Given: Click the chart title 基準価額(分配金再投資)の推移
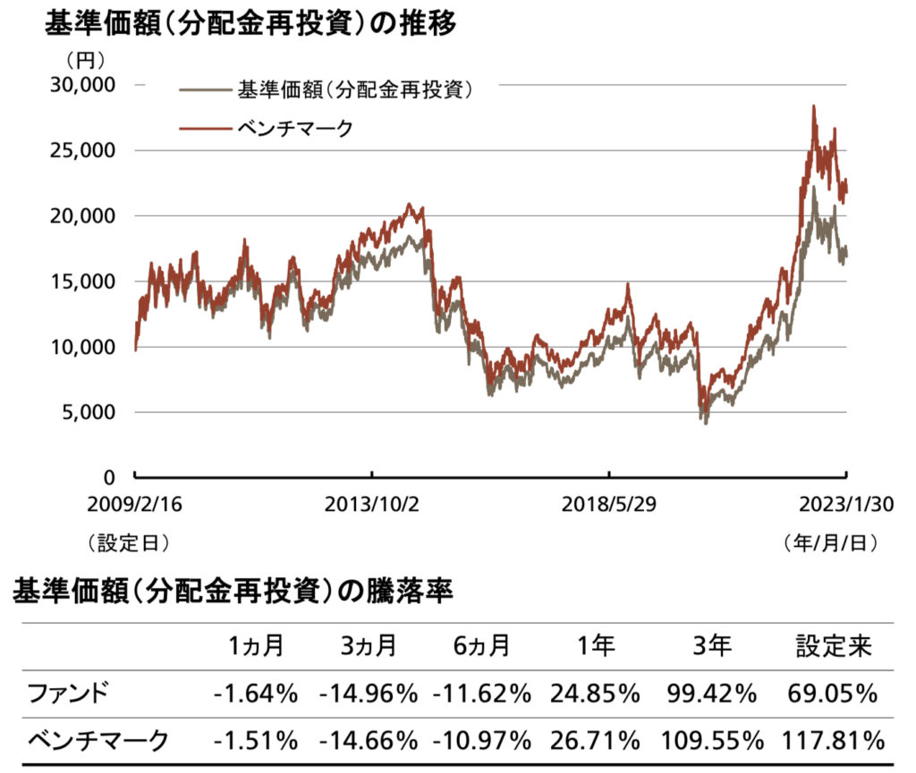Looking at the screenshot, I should (250, 24).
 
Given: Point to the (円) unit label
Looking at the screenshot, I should (85, 61).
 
